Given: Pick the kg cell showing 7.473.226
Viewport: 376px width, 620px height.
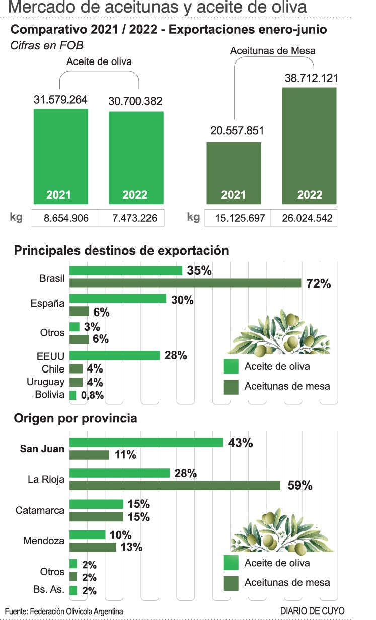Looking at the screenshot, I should pyautogui.click(x=130, y=218).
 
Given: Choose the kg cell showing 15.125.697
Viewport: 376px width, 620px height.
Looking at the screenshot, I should pyautogui.click(x=237, y=218).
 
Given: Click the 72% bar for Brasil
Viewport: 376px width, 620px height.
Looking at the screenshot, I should pyautogui.click(x=185, y=283).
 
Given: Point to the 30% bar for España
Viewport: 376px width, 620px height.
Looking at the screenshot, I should pyautogui.click(x=118, y=299).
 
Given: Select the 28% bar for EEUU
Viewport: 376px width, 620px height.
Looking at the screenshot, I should pyautogui.click(x=115, y=355).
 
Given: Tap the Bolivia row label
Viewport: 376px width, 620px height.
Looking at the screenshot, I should pyautogui.click(x=50, y=395).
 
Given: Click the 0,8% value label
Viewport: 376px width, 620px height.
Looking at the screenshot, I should pyautogui.click(x=92, y=395).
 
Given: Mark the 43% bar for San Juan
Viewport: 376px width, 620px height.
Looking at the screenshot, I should pyautogui.click(x=146, y=442).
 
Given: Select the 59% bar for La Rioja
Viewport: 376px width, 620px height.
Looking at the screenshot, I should pyautogui.click(x=175, y=485).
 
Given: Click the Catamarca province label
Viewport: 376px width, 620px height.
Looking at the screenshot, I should pyautogui.click(x=40, y=510).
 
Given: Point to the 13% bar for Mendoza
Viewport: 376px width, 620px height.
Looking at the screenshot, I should pyautogui.click(x=93, y=547).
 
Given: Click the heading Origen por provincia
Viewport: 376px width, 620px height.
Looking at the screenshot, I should pyautogui.click(x=76, y=418).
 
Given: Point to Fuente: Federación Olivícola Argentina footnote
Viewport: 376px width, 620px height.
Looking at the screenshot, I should pyautogui.click(x=63, y=611).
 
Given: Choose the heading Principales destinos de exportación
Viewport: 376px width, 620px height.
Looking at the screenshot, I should pyautogui.click(x=121, y=250).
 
